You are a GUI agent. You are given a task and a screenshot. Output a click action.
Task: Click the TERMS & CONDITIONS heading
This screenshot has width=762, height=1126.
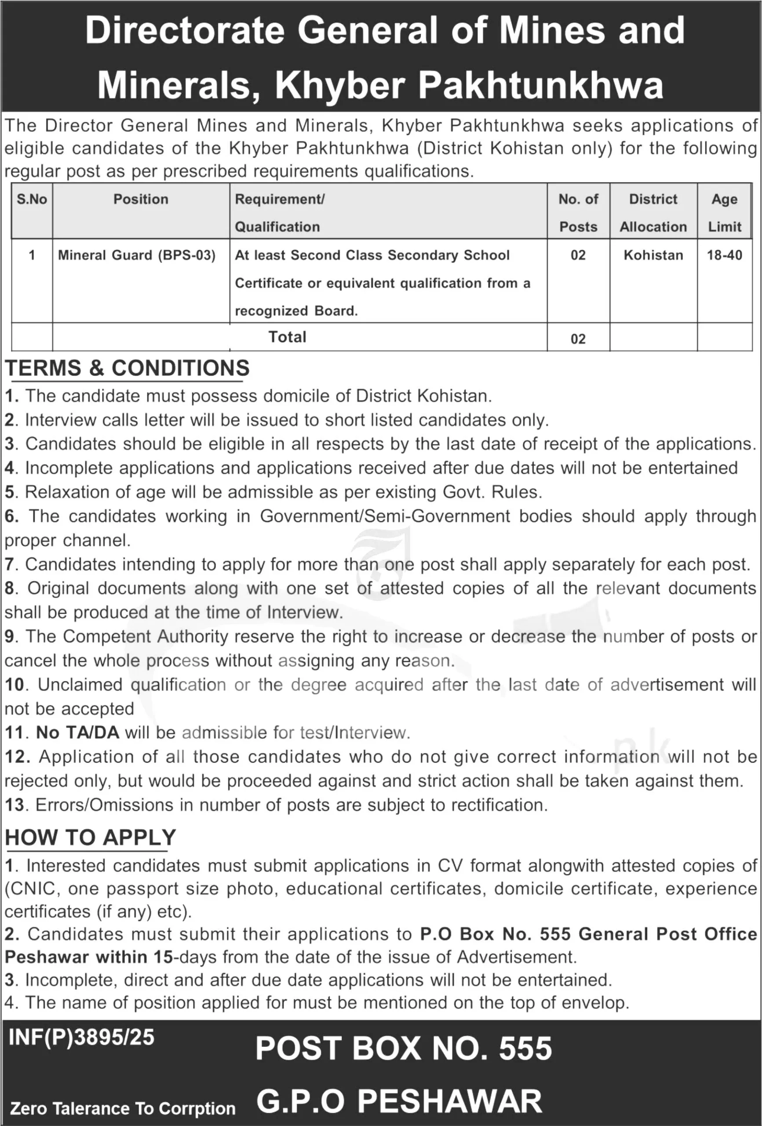click(x=128, y=368)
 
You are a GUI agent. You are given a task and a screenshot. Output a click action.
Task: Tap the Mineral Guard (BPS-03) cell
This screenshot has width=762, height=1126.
click(x=137, y=256)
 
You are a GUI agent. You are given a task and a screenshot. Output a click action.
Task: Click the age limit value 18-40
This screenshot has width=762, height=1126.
click(x=724, y=256)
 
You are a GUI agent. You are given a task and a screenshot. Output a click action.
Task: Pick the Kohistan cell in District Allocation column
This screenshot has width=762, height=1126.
click(x=653, y=256)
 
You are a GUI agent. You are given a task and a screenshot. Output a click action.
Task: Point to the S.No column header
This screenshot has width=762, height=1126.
click(x=32, y=199)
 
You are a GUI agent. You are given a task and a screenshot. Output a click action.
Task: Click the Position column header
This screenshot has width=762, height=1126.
click(x=140, y=199)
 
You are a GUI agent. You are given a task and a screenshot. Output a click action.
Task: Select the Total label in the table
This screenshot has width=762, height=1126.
click(x=287, y=337)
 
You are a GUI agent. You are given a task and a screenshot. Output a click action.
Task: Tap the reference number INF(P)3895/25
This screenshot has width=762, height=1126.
click(x=81, y=1037)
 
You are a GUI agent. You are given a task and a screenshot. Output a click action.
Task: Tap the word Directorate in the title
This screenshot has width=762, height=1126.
click(x=185, y=31)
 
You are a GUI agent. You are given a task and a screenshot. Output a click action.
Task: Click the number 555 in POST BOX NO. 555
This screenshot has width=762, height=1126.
click(x=525, y=1049)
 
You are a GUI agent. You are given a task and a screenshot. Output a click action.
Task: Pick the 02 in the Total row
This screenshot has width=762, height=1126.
click(x=578, y=339)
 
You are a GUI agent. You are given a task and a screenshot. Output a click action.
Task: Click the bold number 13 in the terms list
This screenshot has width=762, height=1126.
click(x=15, y=805)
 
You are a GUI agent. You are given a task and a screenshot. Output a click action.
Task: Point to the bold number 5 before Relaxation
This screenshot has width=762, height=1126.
click(x=10, y=492)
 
